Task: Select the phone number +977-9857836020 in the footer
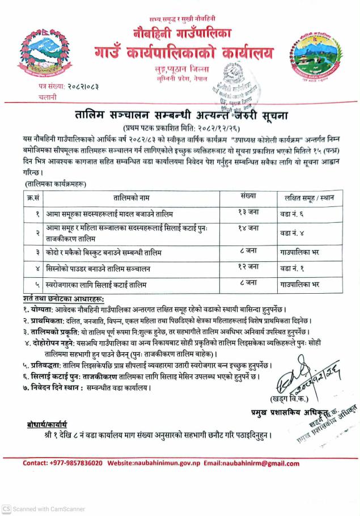pyautogui.click(x=63, y=463)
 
